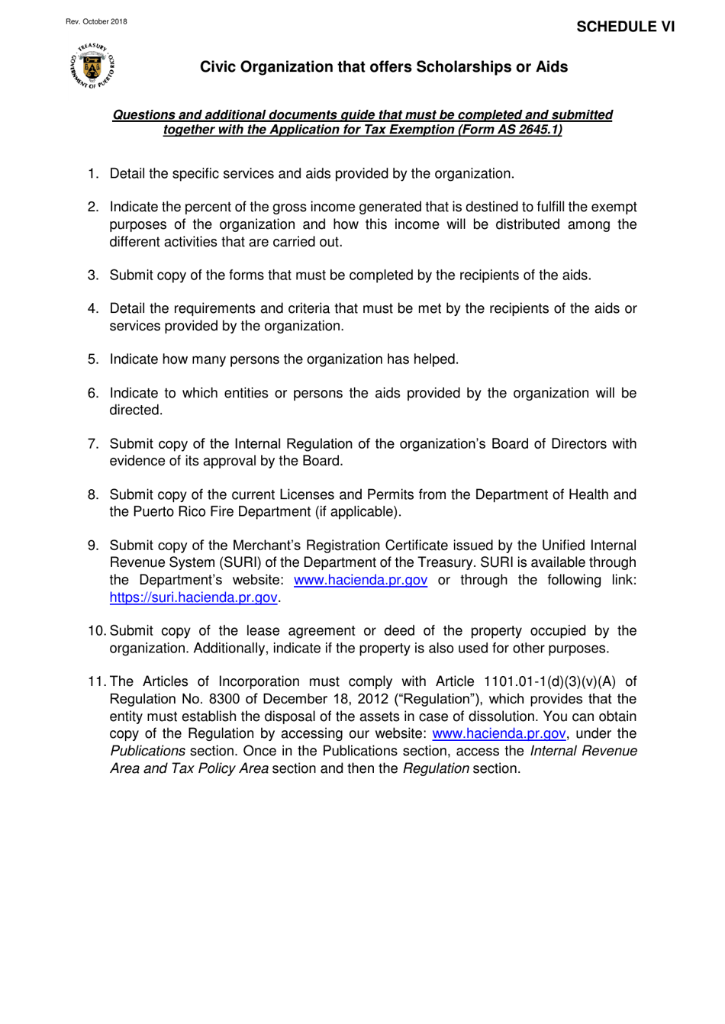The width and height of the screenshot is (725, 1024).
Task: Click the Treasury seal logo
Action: tap(92, 66)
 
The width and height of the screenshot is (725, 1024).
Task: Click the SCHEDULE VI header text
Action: tap(625, 27)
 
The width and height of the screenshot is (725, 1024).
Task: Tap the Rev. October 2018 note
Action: tap(96, 21)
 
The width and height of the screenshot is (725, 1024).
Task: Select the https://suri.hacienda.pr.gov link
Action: tap(193, 597)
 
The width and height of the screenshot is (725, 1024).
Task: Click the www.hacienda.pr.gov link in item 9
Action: tap(360, 580)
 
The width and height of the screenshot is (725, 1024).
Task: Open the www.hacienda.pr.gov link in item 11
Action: tap(498, 733)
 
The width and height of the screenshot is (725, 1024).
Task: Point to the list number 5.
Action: tap(92, 359)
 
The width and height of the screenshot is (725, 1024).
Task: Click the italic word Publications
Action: tap(147, 751)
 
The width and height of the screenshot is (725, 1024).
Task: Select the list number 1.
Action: tap(92, 174)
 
